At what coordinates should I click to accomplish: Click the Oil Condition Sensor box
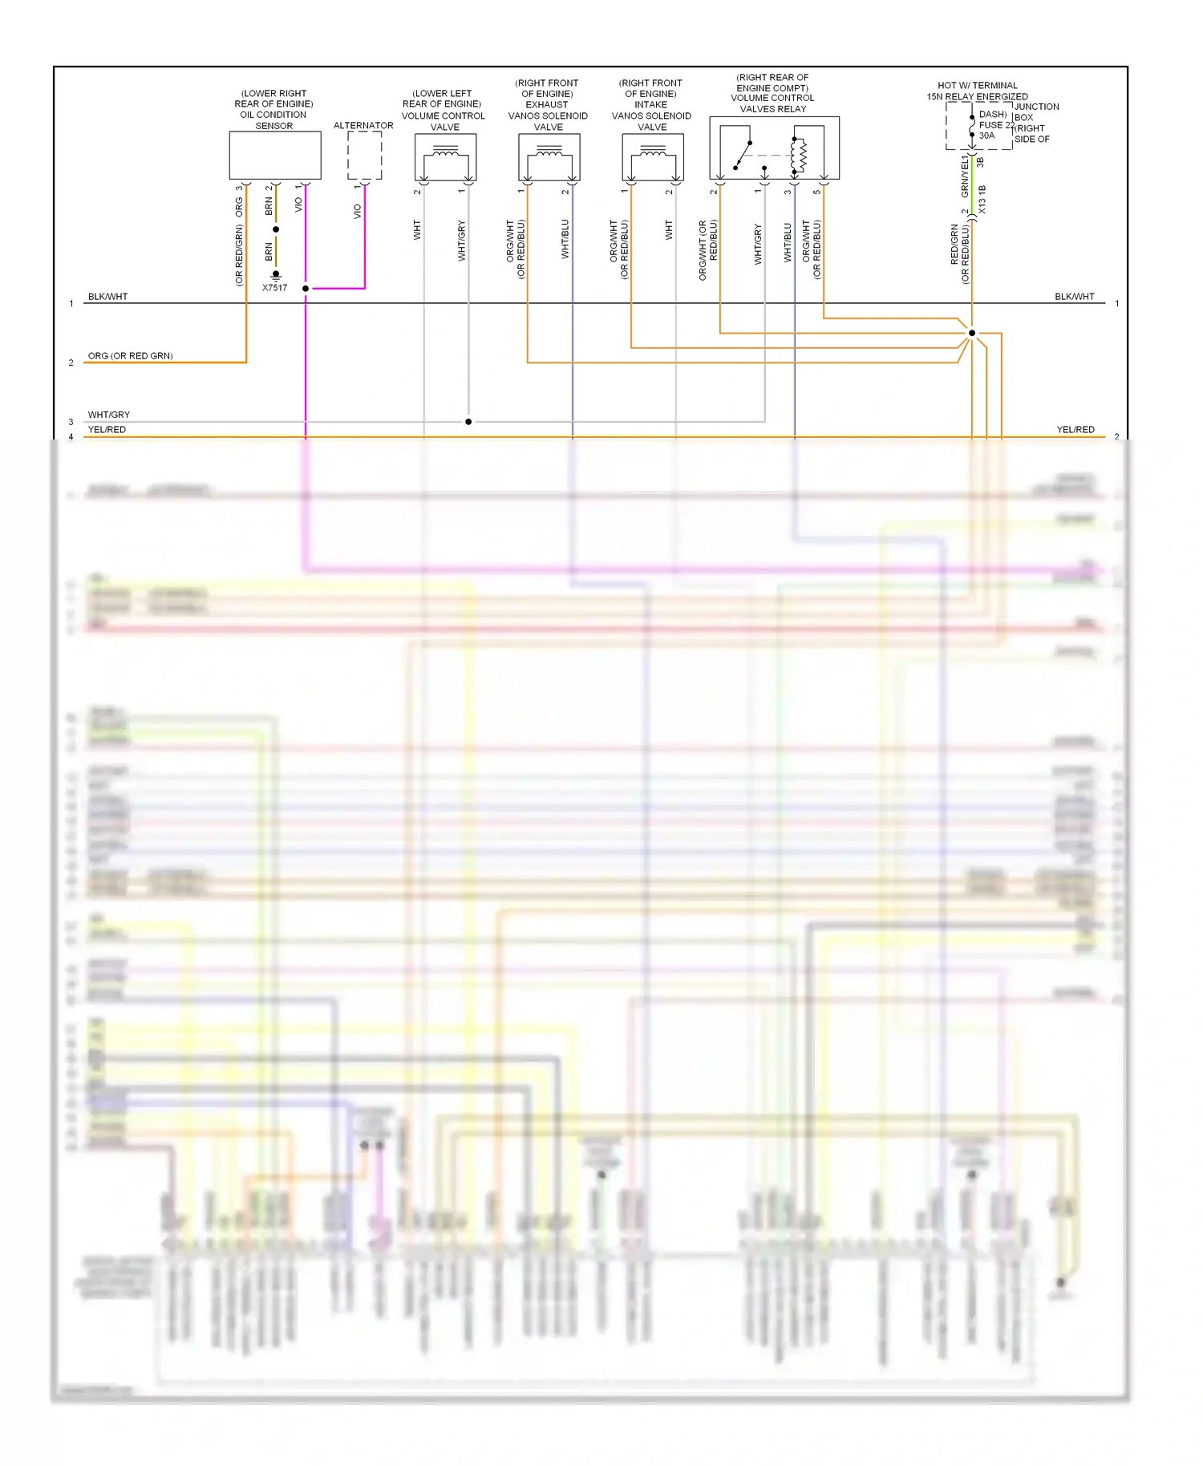click(x=275, y=156)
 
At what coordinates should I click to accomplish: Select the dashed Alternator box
click(x=364, y=156)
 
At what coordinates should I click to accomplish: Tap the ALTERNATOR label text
click(x=363, y=126)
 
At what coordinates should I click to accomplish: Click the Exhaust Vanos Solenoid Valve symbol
click(x=549, y=157)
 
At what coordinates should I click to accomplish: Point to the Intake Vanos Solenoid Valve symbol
click(x=652, y=157)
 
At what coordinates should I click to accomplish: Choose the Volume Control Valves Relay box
click(x=774, y=148)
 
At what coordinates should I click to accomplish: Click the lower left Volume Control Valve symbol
click(x=445, y=157)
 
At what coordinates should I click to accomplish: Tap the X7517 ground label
click(x=274, y=288)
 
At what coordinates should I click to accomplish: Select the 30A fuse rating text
click(x=986, y=136)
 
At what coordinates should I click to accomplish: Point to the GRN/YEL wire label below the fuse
click(x=965, y=176)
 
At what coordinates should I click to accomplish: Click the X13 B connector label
click(x=982, y=200)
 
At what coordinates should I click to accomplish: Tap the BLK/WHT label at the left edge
click(x=107, y=297)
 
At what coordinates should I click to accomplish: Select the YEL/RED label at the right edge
click(x=1075, y=430)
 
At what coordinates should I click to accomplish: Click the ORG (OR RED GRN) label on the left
click(x=130, y=356)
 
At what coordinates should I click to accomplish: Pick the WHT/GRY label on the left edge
click(x=108, y=415)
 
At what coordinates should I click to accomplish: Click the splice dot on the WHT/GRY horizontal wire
click(x=468, y=422)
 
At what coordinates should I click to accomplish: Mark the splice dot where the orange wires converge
click(x=972, y=333)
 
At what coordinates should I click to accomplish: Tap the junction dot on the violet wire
click(x=306, y=289)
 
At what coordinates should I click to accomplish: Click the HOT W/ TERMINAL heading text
click(x=977, y=86)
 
